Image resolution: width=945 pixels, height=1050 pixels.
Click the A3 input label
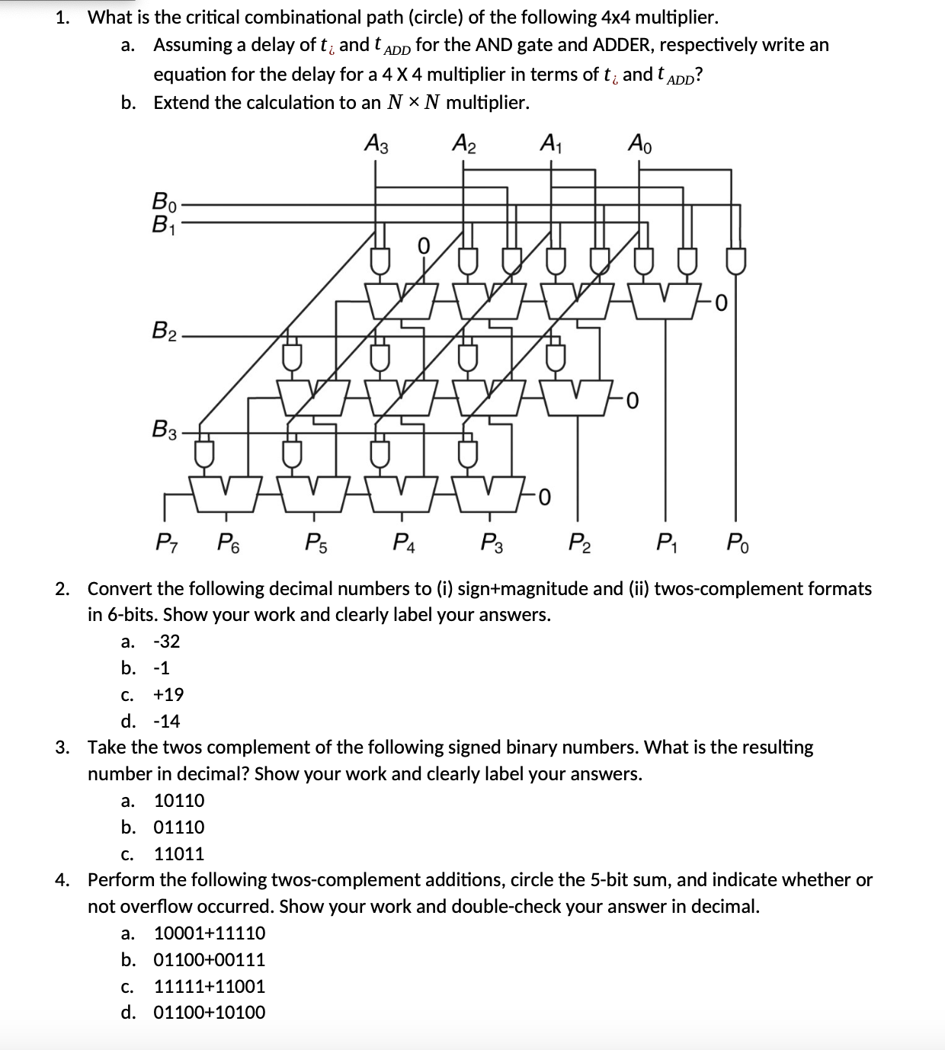click(x=376, y=143)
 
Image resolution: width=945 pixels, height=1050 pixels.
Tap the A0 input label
click(x=639, y=143)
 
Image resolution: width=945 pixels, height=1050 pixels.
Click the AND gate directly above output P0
click(x=735, y=261)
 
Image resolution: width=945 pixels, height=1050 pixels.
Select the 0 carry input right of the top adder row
click(x=722, y=304)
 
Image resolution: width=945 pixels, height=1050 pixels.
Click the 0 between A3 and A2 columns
click(x=424, y=245)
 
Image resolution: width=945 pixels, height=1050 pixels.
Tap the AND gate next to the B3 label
click(x=203, y=453)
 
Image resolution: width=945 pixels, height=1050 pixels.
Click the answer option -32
click(x=167, y=642)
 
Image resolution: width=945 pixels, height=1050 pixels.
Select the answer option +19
click(x=168, y=694)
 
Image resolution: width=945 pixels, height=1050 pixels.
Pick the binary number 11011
click(x=179, y=853)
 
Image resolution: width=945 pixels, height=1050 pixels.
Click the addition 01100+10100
click(x=210, y=1013)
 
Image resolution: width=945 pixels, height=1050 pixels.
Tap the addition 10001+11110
click(x=210, y=933)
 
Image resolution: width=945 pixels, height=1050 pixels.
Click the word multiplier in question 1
click(x=668, y=17)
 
